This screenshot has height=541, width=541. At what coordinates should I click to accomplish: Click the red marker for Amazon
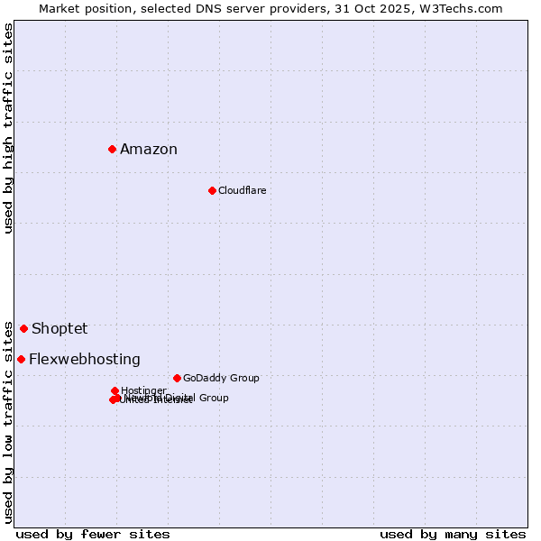[112, 149]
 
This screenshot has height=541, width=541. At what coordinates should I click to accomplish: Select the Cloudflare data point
[212, 190]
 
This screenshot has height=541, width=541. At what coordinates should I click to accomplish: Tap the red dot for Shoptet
[23, 328]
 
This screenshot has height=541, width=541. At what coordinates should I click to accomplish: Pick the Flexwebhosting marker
[21, 359]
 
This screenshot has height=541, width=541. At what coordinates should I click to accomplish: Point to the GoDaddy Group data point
[177, 378]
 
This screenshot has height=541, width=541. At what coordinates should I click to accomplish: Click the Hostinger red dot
[115, 390]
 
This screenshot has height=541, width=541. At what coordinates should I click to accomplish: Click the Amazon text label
[149, 150]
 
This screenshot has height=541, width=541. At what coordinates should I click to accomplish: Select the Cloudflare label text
[242, 191]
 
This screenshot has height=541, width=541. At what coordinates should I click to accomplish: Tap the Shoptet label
[60, 329]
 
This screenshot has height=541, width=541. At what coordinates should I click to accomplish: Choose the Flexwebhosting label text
[85, 360]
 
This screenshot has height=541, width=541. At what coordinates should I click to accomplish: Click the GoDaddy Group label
[221, 379]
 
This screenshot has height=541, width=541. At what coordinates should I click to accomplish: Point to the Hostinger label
[143, 390]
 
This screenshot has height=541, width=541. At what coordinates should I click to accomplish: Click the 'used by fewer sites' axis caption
[93, 534]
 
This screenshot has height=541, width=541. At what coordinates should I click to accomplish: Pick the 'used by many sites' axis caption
[453, 534]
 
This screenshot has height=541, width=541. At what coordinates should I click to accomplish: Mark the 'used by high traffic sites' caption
[8, 128]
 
